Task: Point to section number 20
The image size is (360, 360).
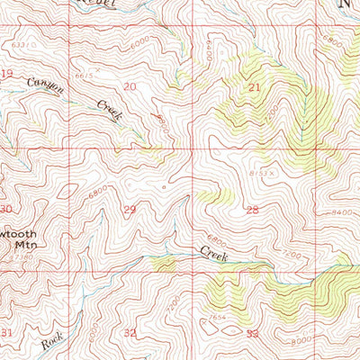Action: coord(130,86)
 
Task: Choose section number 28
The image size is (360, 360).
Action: coord(252,209)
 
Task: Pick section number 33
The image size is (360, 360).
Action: coord(252,333)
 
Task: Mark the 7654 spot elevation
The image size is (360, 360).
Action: coord(215,318)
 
